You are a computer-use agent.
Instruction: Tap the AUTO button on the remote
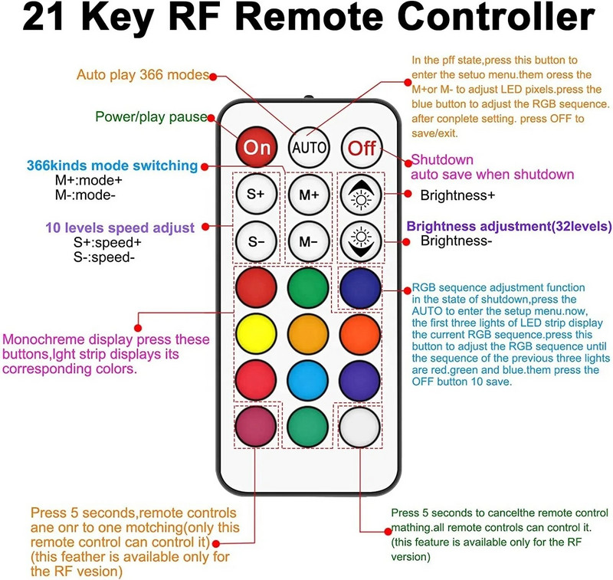(x=309, y=146)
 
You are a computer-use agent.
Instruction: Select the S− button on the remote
(x=255, y=241)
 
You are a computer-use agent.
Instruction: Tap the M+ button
(x=309, y=195)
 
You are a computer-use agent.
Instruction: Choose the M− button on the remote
(x=309, y=241)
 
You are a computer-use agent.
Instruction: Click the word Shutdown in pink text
(x=443, y=159)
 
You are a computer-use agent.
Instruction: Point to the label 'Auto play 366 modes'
(x=143, y=75)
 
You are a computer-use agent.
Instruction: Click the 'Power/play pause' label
(x=151, y=117)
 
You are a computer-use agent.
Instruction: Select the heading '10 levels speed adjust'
(x=120, y=228)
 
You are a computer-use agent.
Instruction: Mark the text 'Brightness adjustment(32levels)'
(x=509, y=227)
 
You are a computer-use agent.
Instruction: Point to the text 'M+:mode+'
(x=88, y=180)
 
